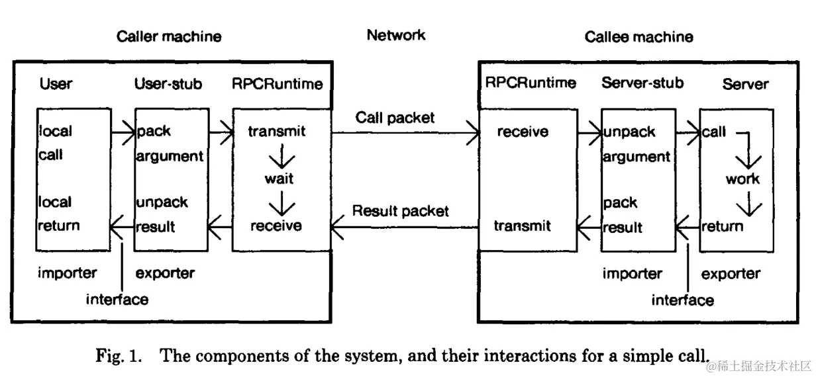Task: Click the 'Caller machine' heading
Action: click(x=169, y=36)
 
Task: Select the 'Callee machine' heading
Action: click(x=638, y=36)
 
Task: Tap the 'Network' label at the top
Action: click(x=396, y=35)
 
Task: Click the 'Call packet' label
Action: click(x=395, y=118)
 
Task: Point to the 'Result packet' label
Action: click(x=400, y=211)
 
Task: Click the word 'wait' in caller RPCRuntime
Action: click(x=279, y=179)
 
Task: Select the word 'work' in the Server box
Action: click(x=742, y=179)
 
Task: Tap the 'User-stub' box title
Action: click(x=168, y=84)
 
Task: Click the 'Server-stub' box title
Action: click(x=642, y=83)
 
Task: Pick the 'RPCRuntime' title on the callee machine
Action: click(x=531, y=83)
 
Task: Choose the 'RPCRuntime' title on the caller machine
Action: click(x=278, y=84)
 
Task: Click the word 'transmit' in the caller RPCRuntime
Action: click(x=277, y=132)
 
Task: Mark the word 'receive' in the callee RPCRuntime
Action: click(x=523, y=132)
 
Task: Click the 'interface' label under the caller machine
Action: click(x=117, y=300)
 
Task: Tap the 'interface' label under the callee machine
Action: click(x=682, y=300)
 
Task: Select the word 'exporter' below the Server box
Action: click(x=731, y=274)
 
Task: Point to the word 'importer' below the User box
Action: click(x=67, y=273)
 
